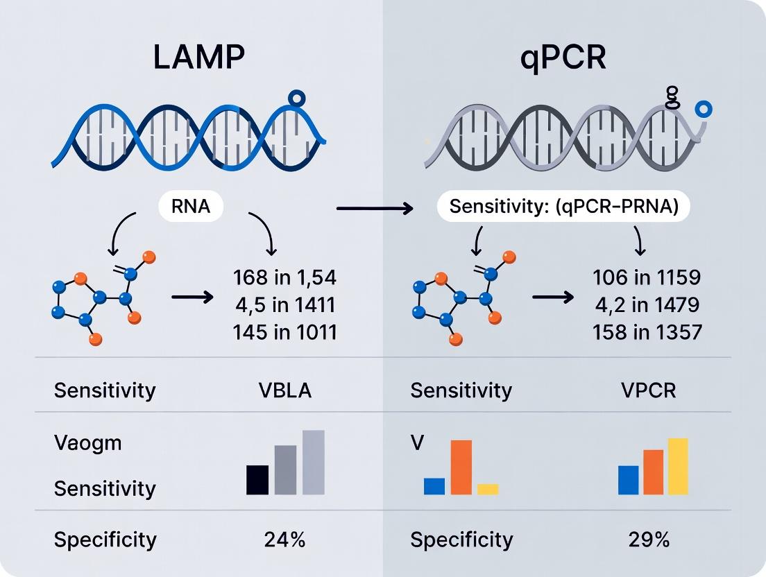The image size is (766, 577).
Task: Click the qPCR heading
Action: pyautogui.click(x=563, y=58)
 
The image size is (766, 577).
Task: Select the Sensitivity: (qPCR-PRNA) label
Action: pyautogui.click(x=563, y=207)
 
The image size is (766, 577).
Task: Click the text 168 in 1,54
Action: pyautogui.click(x=284, y=278)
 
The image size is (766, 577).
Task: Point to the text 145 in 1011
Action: pyautogui.click(x=284, y=332)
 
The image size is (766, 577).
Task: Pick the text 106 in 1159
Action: pyautogui.click(x=647, y=278)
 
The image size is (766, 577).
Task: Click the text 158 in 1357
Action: pyautogui.click(x=647, y=332)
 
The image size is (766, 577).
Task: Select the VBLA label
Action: pyautogui.click(x=284, y=390)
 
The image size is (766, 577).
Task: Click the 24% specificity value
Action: pyautogui.click(x=284, y=540)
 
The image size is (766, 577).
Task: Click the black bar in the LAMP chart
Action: pyautogui.click(x=257, y=479)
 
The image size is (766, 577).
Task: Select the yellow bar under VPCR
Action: pyautogui.click(x=677, y=466)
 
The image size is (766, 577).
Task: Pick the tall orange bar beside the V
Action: pyautogui.click(x=461, y=467)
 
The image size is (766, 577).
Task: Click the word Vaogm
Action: pyautogui.click(x=87, y=442)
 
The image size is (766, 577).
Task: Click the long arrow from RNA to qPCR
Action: pyautogui.click(x=375, y=207)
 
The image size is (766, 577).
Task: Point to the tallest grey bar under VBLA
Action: pyautogui.click(x=314, y=462)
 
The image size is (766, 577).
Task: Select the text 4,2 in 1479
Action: pyautogui.click(x=647, y=305)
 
